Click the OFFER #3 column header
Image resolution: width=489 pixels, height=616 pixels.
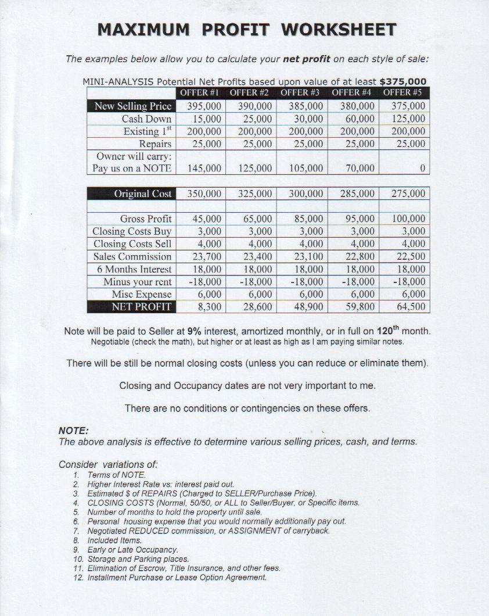coord(302,92)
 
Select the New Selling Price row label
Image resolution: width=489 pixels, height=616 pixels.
coord(133,106)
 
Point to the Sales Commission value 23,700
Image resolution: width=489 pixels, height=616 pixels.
coord(207,256)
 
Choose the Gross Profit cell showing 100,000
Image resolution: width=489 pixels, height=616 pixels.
coord(405,219)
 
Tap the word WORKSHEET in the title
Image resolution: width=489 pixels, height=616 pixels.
coord(339,30)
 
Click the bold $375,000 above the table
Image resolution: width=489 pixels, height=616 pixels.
coord(402,81)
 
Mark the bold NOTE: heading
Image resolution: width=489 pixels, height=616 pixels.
coord(73,431)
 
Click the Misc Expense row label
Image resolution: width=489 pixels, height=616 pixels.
coord(142,294)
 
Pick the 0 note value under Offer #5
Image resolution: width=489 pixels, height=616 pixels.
coord(423,168)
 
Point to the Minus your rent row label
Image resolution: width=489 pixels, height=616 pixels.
coord(138,281)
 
